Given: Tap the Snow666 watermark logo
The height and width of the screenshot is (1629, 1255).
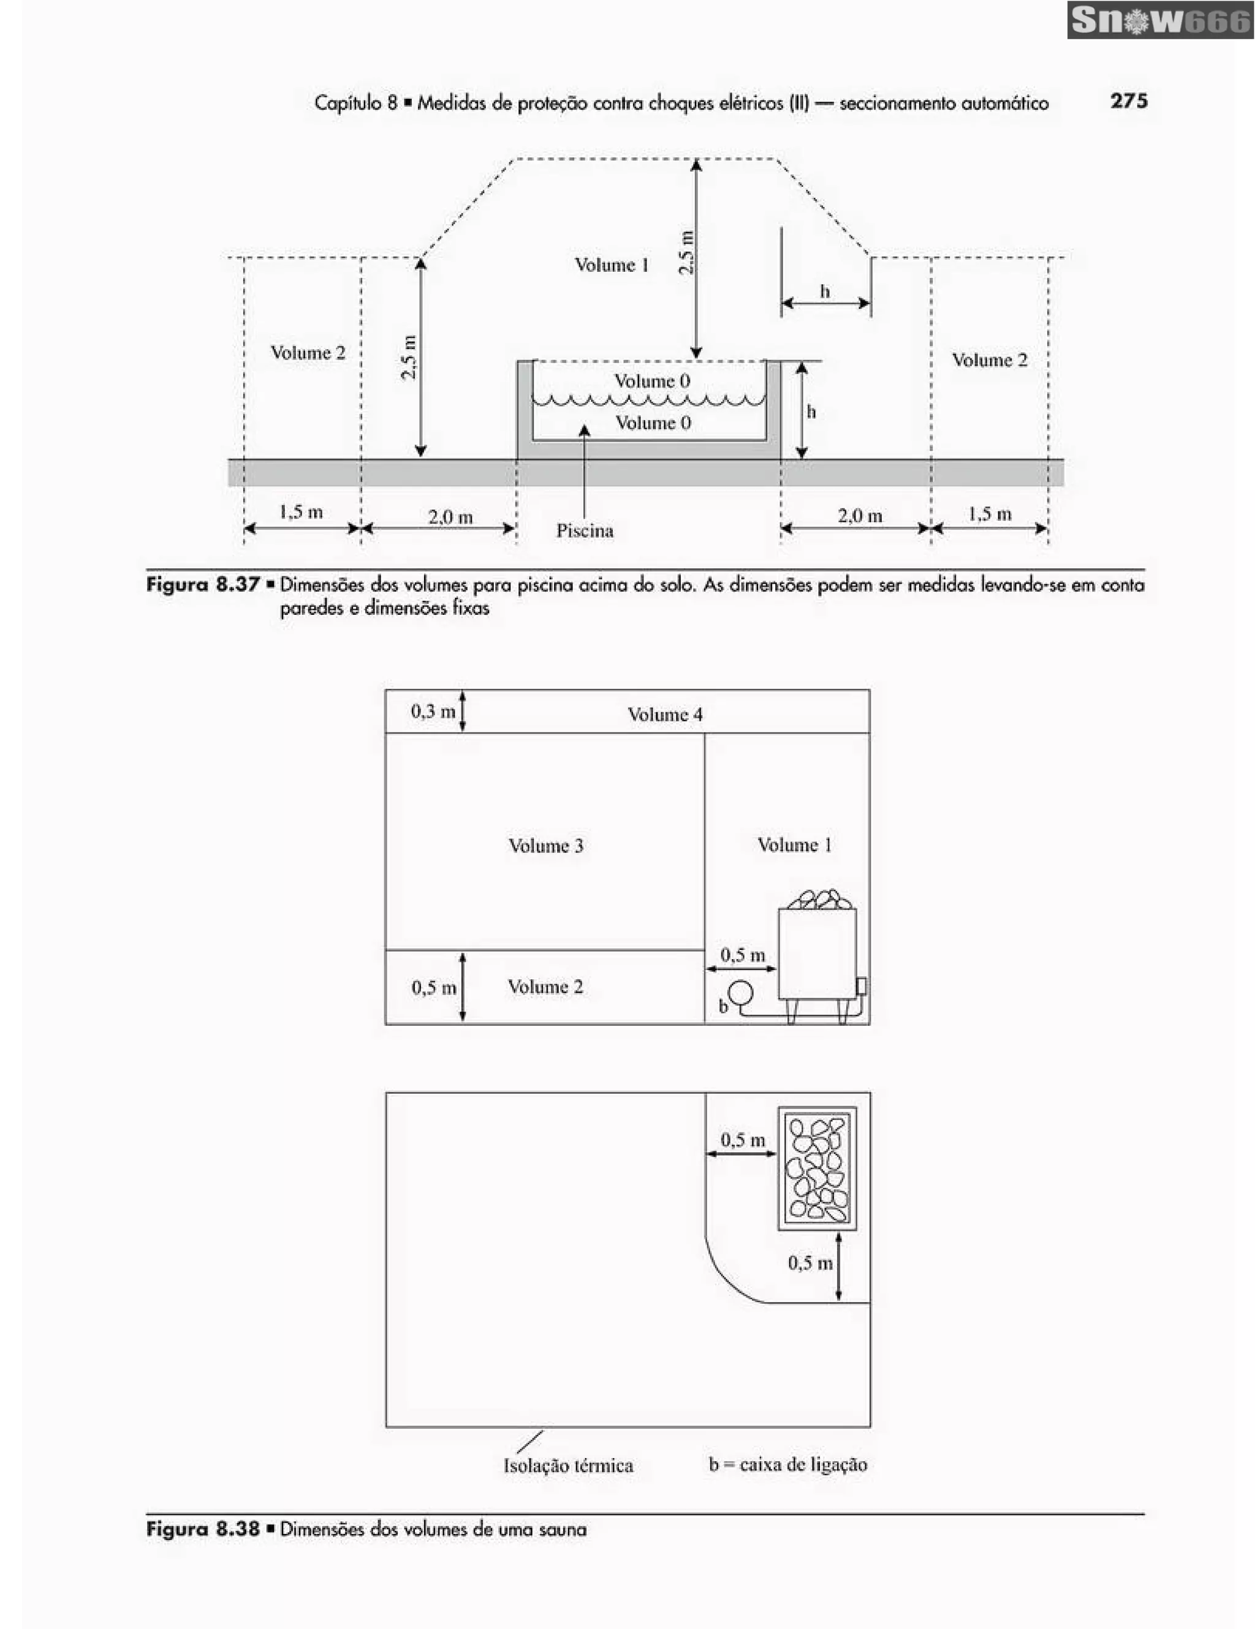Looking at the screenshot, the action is point(1160,21).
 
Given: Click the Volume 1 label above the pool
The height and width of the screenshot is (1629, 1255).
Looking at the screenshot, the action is point(611,265).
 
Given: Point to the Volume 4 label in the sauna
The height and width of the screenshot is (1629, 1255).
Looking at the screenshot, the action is point(665,715).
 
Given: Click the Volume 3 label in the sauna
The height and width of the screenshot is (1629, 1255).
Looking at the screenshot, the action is point(545,846).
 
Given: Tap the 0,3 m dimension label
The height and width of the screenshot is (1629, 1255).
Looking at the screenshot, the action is point(433,711).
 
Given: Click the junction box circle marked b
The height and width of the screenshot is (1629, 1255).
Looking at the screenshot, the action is point(741,993).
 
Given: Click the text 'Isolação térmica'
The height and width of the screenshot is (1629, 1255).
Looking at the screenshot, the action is point(568,1465).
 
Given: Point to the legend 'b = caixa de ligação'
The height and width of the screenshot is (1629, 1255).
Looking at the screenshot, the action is point(788,1465).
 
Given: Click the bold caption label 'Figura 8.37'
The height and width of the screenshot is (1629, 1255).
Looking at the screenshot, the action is point(202,584).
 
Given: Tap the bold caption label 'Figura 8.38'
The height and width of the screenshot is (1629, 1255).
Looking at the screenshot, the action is point(202,1529).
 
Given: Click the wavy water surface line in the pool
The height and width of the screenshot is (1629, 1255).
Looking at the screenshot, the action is point(648,401).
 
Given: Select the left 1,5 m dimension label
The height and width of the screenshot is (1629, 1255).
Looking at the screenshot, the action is point(301,512).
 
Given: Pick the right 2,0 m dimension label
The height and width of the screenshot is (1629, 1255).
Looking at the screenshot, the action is point(860,516).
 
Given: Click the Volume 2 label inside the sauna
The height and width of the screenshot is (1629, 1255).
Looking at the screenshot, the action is point(545,987).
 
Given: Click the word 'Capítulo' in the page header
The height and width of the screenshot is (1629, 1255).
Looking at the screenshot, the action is point(349,102).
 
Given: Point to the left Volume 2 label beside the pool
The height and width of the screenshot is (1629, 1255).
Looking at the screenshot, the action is point(308,353).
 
